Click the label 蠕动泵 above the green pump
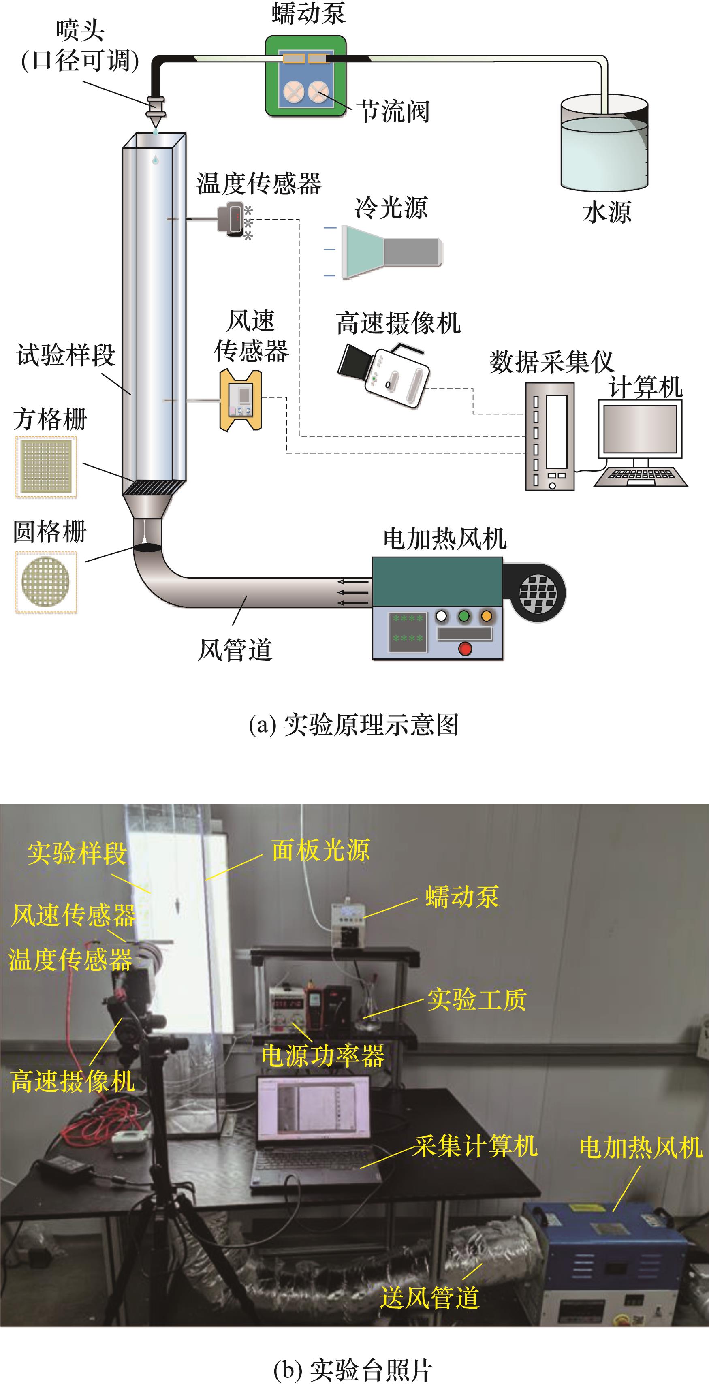[308, 13]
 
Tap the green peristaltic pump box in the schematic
[305, 77]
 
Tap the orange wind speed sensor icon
[241, 400]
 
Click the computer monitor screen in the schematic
[640, 429]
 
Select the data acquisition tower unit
[550, 436]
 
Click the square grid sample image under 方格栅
[46, 466]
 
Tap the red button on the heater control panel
[465, 649]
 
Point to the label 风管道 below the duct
[235, 649]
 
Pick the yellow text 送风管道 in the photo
[429, 1297]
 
